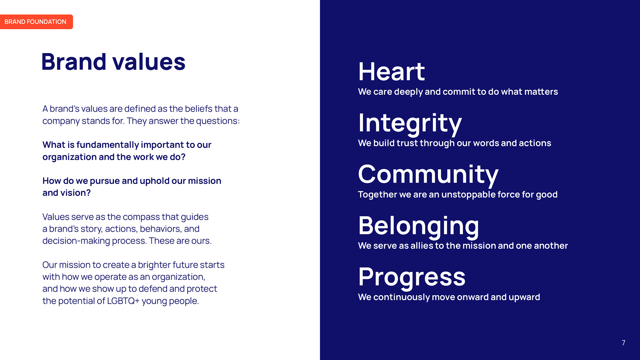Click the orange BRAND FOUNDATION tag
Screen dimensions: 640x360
(36, 22)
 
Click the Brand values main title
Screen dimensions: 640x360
(113, 62)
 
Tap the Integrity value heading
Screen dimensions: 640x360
(410, 124)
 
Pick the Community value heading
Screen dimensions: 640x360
(428, 175)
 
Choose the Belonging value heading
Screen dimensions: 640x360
(419, 226)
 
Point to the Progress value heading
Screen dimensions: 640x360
(412, 277)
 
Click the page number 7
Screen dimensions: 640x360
(623, 343)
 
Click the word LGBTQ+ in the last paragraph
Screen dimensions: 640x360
(123, 301)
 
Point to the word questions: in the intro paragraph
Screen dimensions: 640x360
(218, 121)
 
